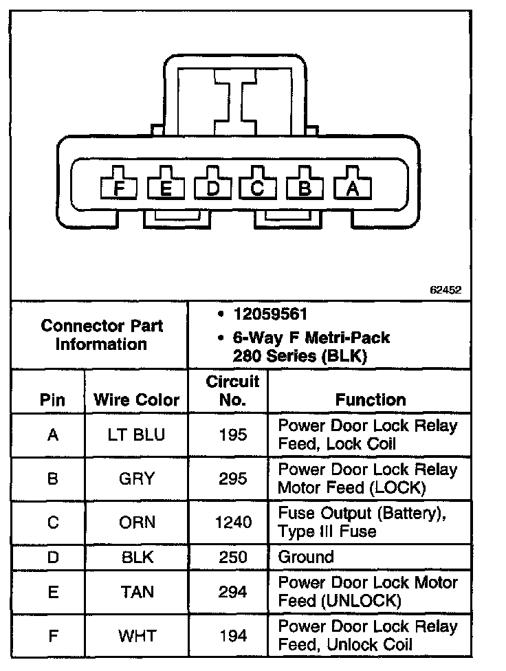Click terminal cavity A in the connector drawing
pos(353,187)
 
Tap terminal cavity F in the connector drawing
pos(120,187)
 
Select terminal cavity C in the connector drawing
pos(258,187)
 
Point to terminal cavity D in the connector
pos(212,187)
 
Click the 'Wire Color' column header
pos(136,399)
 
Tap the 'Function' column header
pos(370,399)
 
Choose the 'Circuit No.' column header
pos(232,390)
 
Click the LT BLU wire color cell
pos(136,434)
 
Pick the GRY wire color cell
pos(136,478)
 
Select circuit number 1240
pos(233,522)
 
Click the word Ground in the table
pos(306,557)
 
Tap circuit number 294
pos(233,591)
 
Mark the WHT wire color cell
pos(136,636)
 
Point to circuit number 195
pos(233,434)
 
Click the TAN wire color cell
pos(136,591)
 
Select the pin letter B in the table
pos(52,478)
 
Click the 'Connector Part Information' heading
pos(102,335)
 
